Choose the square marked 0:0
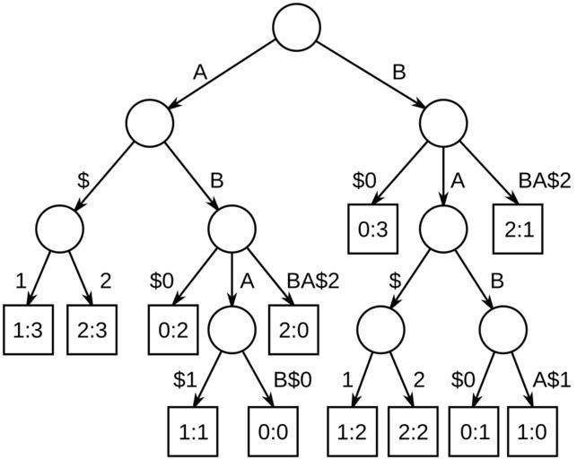click(272, 430)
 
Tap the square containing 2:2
click(413, 430)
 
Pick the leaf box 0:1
click(474, 430)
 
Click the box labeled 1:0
click(534, 430)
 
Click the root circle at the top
click(296, 27)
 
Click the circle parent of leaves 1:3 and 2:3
click(59, 228)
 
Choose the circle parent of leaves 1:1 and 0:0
click(232, 329)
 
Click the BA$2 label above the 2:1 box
click(542, 178)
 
